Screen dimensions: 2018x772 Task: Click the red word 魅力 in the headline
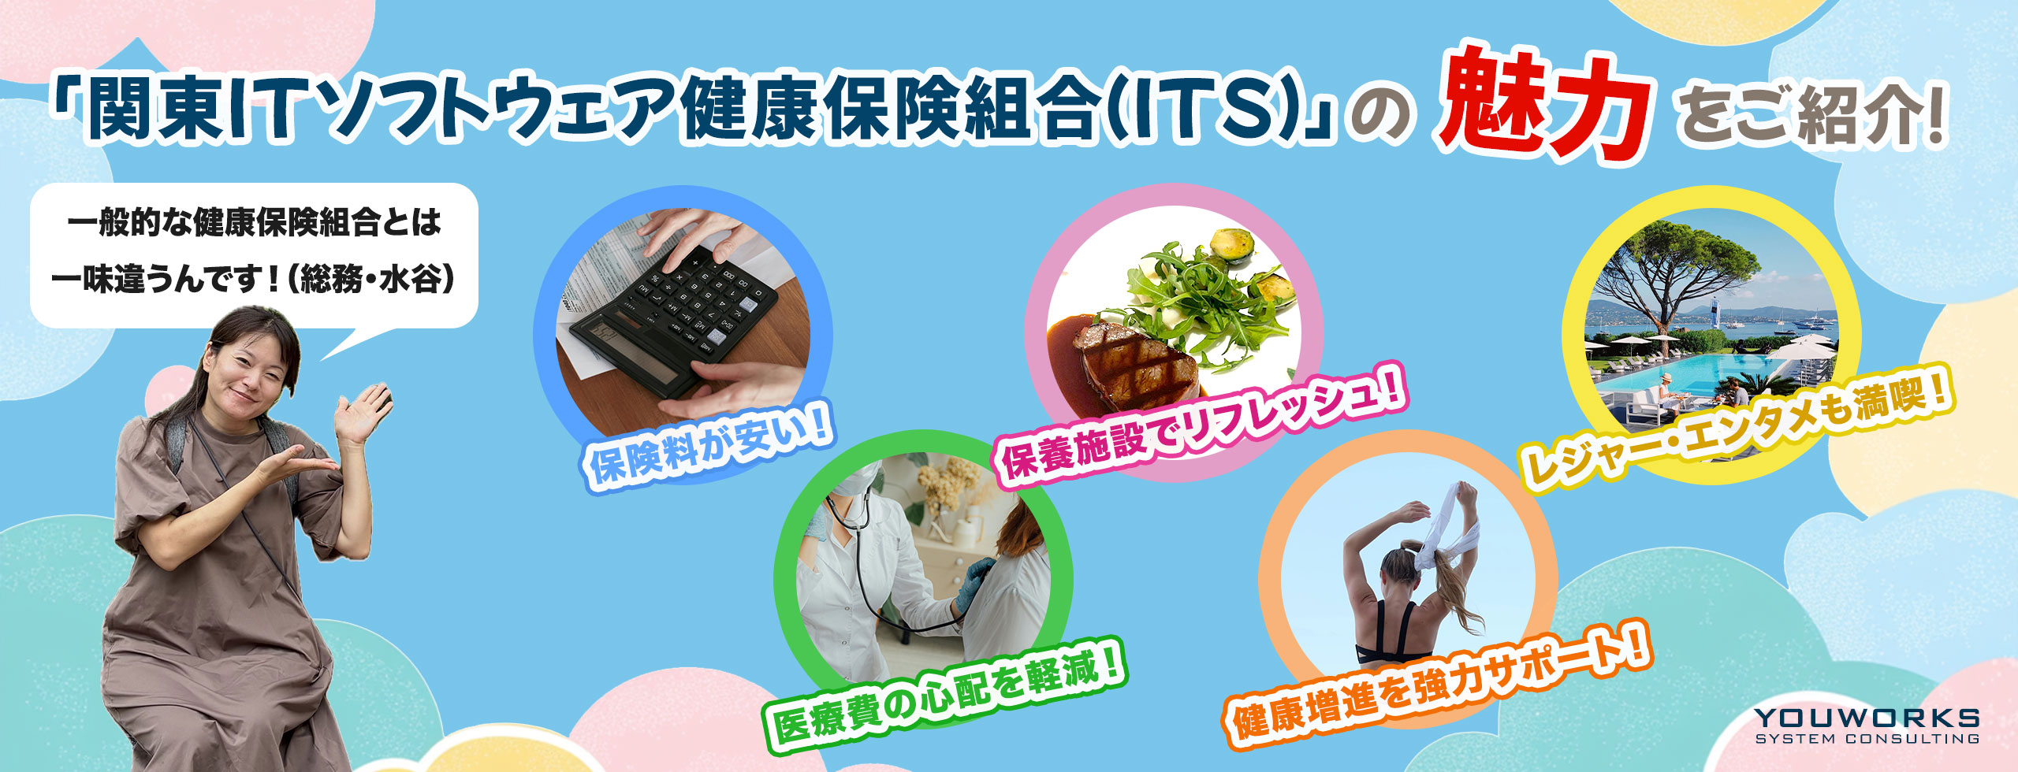pos(1543,107)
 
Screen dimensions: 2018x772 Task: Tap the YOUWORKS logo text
pos(1867,718)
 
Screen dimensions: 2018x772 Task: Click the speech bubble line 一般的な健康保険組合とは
pos(255,223)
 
